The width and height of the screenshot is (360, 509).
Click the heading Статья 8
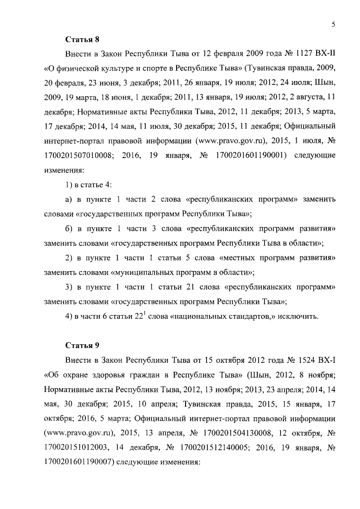point(83,39)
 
